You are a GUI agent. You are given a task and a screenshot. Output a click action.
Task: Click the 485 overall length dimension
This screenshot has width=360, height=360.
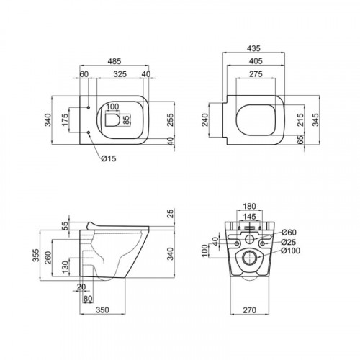(114, 61)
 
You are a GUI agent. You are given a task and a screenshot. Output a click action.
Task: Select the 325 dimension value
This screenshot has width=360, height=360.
(120, 74)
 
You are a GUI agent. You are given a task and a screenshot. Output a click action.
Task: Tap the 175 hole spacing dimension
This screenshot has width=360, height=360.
(65, 120)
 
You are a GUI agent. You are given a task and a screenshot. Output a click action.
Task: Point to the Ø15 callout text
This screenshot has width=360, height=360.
(109, 158)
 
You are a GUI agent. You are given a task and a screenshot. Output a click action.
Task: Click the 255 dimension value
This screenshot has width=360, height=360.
(170, 120)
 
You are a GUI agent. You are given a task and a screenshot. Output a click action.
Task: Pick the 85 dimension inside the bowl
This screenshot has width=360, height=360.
(126, 120)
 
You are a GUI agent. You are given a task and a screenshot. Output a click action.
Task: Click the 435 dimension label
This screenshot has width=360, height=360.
(253, 48)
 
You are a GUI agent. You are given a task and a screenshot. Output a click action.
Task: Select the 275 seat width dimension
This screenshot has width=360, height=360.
(256, 74)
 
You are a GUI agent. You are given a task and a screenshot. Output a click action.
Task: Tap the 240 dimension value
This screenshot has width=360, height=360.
(206, 120)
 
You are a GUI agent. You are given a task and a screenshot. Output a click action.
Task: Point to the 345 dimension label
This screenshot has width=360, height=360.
(316, 120)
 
